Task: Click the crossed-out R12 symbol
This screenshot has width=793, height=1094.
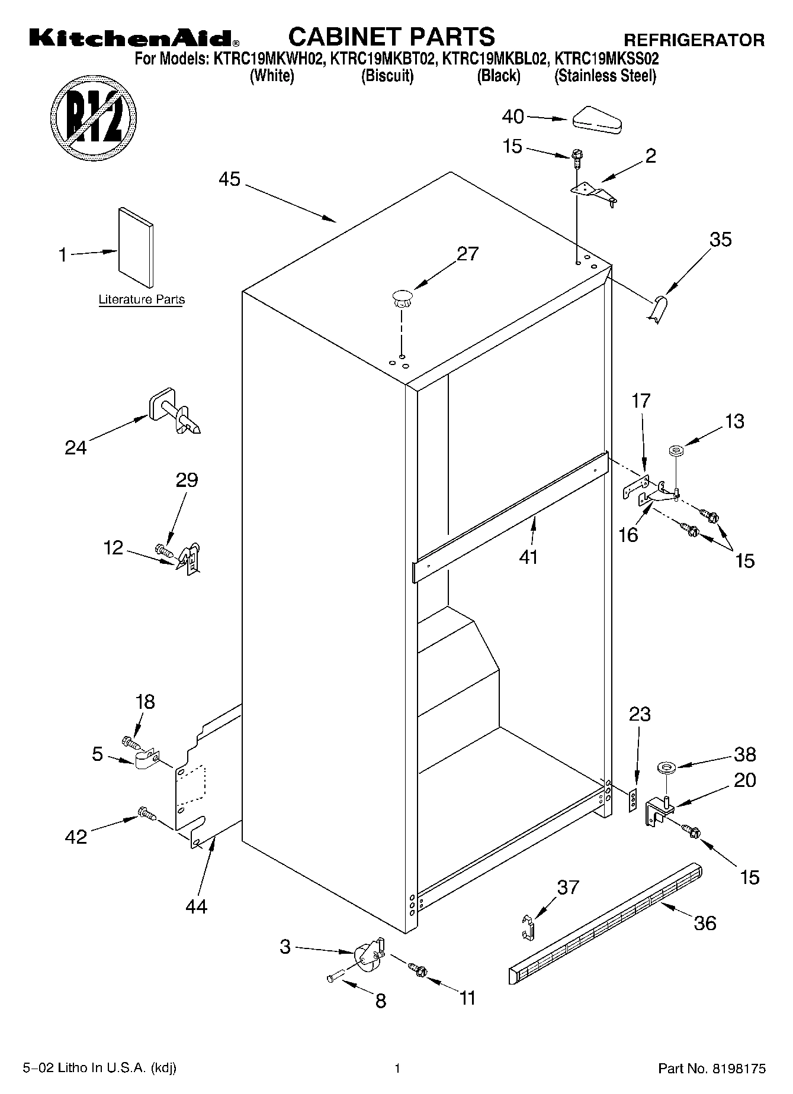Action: coord(94,115)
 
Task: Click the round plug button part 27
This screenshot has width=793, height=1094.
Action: coord(402,296)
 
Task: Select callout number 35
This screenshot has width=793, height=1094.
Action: coord(721,240)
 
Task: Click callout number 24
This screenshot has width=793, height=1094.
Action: coord(76,447)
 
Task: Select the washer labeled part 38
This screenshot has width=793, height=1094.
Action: coord(667,768)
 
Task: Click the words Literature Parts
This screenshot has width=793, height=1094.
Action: coord(142,300)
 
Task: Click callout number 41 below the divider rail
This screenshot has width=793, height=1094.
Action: coord(528,557)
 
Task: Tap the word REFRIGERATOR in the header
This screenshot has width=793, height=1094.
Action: coord(694,40)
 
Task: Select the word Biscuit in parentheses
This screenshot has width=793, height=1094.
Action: coord(387,76)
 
